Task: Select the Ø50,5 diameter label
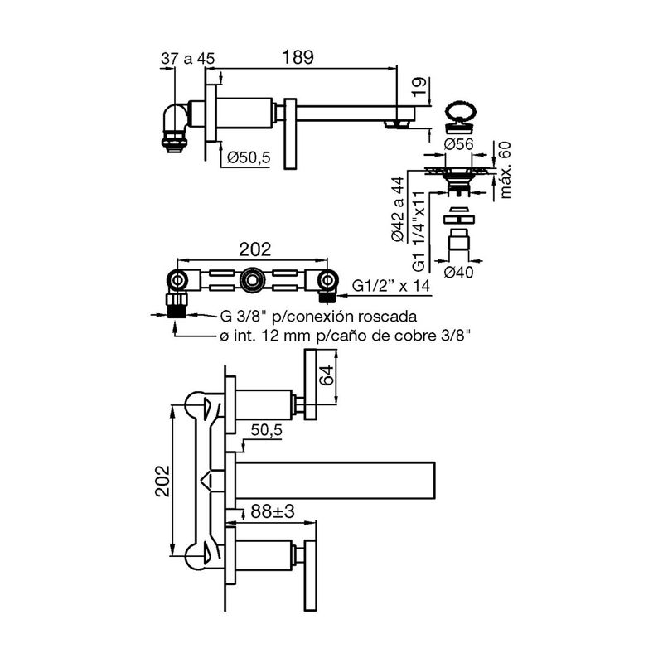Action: [x=249, y=157]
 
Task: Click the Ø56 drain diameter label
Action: [x=457, y=144]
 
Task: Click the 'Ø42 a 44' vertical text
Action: [x=400, y=209]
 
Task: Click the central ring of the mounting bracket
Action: [x=249, y=284]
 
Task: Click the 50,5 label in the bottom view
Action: [x=267, y=429]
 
